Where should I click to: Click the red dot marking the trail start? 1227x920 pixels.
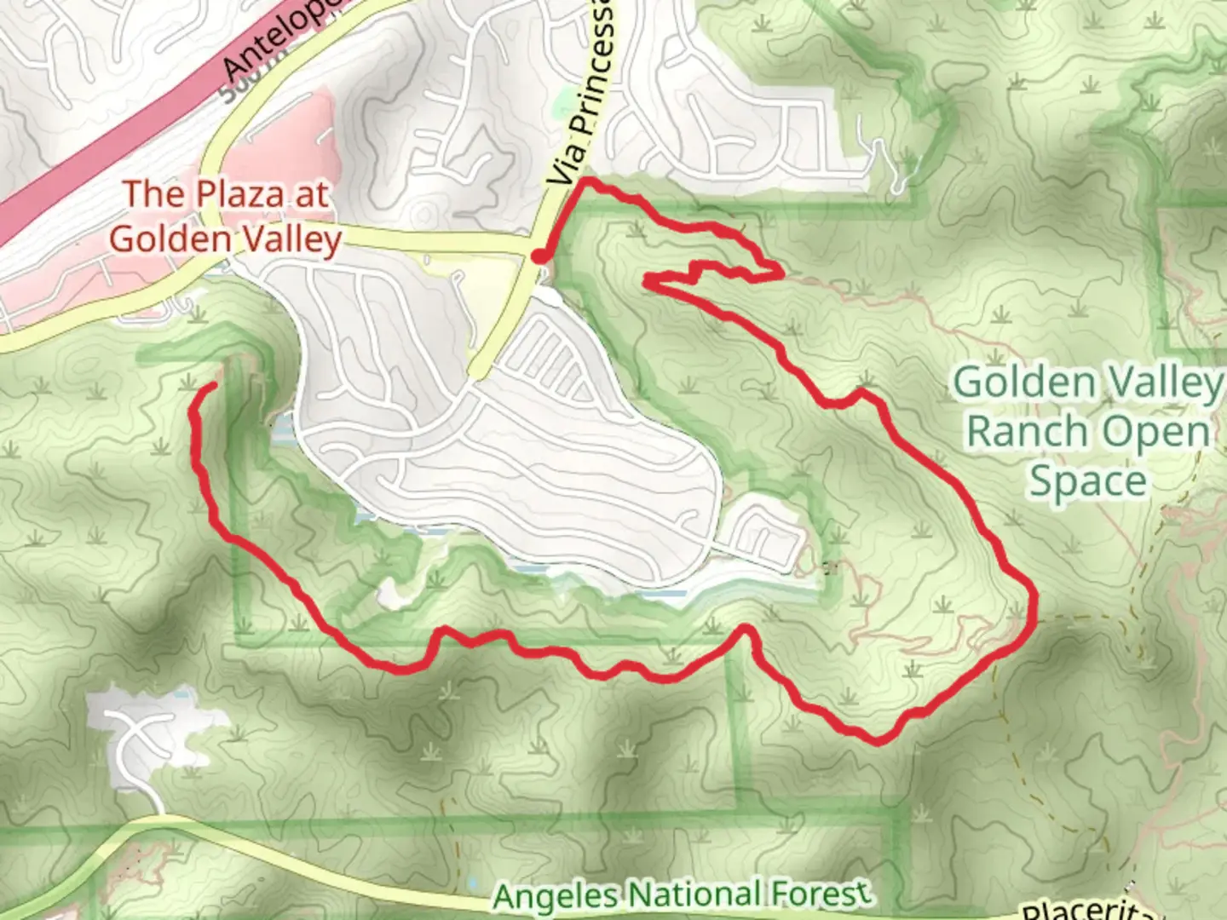pyautogui.click(x=539, y=256)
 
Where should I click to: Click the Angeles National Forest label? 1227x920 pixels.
pyautogui.click(x=682, y=894)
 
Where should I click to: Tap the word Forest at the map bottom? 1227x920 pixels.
pyautogui.click(x=821, y=893)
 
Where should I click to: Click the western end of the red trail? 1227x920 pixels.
pyautogui.click(x=210, y=387)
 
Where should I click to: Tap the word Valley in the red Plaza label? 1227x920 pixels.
pyautogui.click(x=286, y=239)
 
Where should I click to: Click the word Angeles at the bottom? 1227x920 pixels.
pyautogui.click(x=556, y=896)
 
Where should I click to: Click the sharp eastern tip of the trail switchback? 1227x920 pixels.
pyautogui.click(x=781, y=273)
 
